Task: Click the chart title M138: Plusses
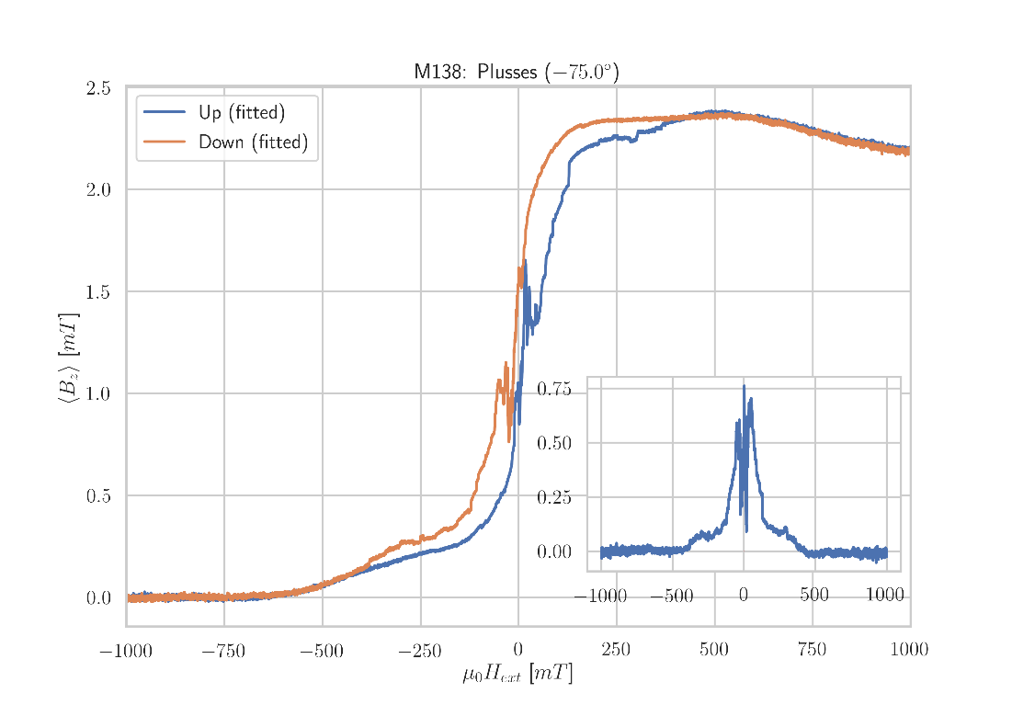(516, 72)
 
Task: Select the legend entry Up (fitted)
(242, 113)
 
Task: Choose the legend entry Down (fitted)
(253, 142)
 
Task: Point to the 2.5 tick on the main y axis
(98, 88)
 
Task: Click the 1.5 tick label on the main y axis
(98, 292)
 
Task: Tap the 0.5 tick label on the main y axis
(98, 496)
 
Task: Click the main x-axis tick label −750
(223, 652)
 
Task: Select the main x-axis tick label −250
(420, 652)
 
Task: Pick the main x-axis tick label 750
(812, 652)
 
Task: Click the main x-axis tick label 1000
(908, 652)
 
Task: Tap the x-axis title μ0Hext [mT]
(517, 675)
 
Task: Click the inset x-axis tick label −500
(672, 597)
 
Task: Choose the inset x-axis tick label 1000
(885, 597)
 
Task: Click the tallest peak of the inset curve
(744, 387)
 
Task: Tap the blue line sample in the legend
(164, 113)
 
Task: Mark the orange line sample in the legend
(164, 142)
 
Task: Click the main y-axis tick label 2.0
(98, 190)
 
